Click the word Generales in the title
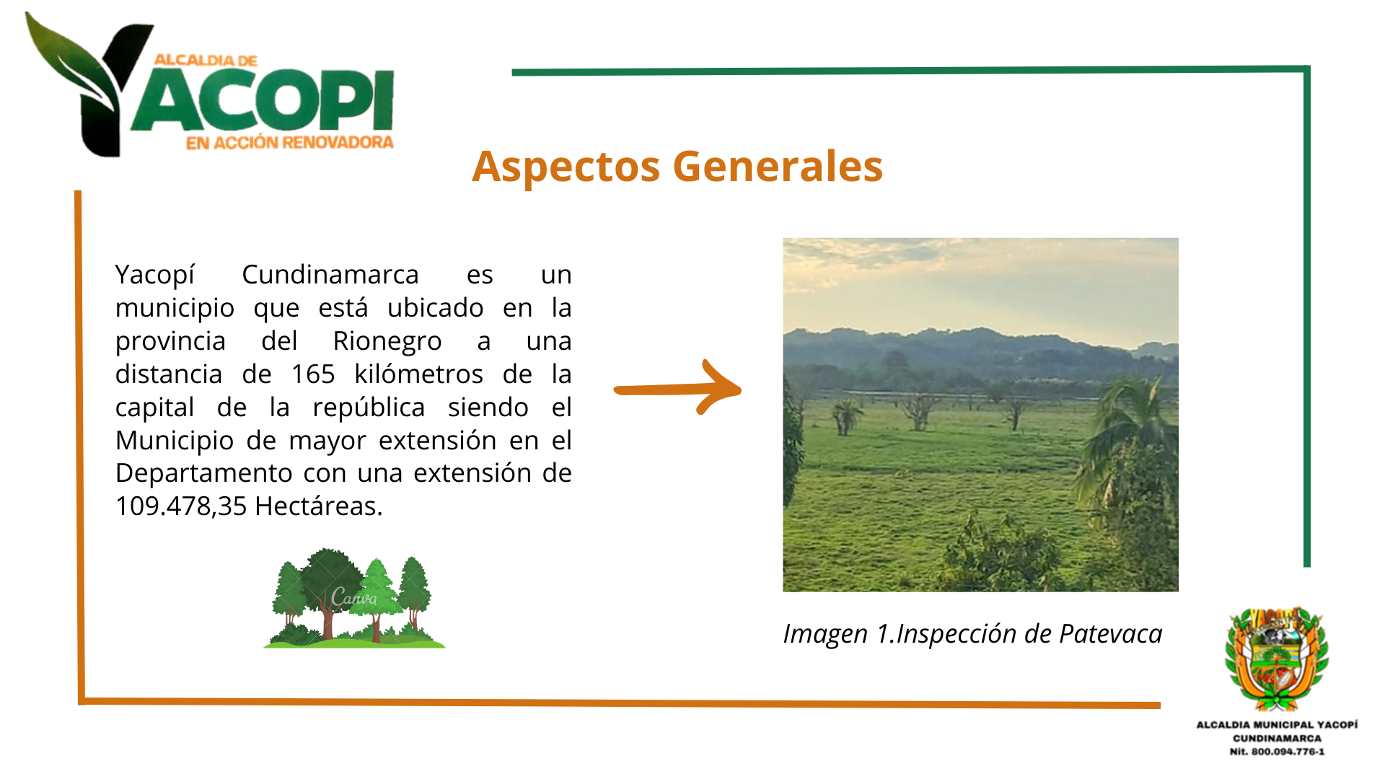[778, 166]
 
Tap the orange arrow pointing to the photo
[677, 387]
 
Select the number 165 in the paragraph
[313, 374]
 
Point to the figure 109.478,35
[181, 506]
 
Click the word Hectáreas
[318, 506]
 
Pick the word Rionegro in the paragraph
[387, 342]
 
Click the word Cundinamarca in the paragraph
[330, 275]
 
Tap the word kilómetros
[418, 374]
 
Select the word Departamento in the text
[204, 474]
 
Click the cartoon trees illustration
[354, 598]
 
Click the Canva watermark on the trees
[353, 597]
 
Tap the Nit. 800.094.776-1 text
[1277, 752]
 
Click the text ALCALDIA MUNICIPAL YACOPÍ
[1277, 725]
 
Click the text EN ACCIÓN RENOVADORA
[290, 143]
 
